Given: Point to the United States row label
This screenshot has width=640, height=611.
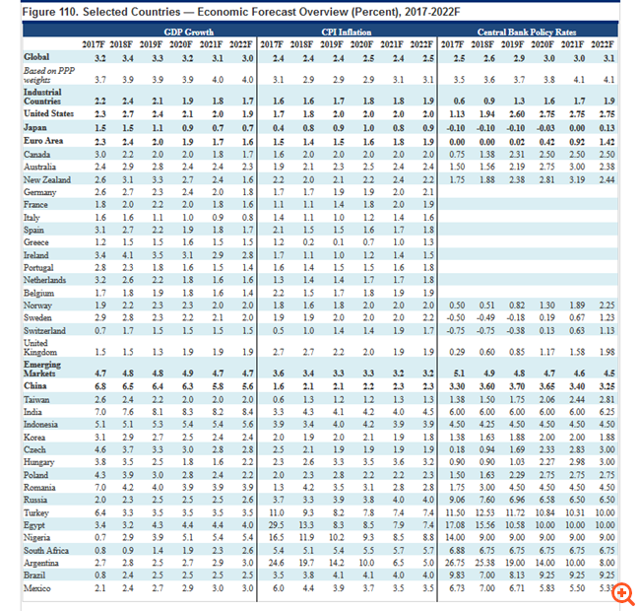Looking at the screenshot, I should (x=49, y=113).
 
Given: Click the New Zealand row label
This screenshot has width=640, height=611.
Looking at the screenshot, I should (x=47, y=180).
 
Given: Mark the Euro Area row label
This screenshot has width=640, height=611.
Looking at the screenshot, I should (x=43, y=142).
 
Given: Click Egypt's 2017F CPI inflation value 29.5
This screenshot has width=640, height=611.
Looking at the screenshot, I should (x=279, y=525).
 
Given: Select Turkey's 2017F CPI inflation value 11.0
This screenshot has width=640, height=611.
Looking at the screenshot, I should (x=279, y=513).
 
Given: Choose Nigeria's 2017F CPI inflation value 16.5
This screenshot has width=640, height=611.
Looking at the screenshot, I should (x=279, y=536).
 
